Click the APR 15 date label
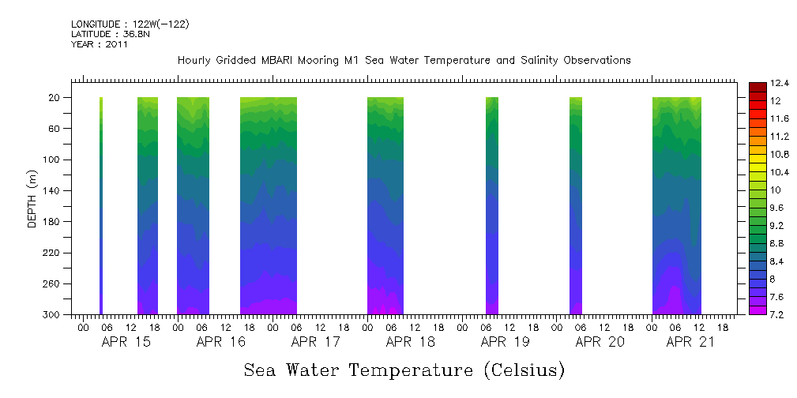pos(126,342)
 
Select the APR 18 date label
pos(411,342)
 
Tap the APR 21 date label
pos(690,342)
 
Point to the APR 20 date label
pos(600,342)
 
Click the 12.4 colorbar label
pos(759,83)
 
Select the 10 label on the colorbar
pos(754,190)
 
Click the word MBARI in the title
pos(279,60)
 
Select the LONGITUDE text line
pos(130,24)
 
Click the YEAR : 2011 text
pos(99,44)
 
